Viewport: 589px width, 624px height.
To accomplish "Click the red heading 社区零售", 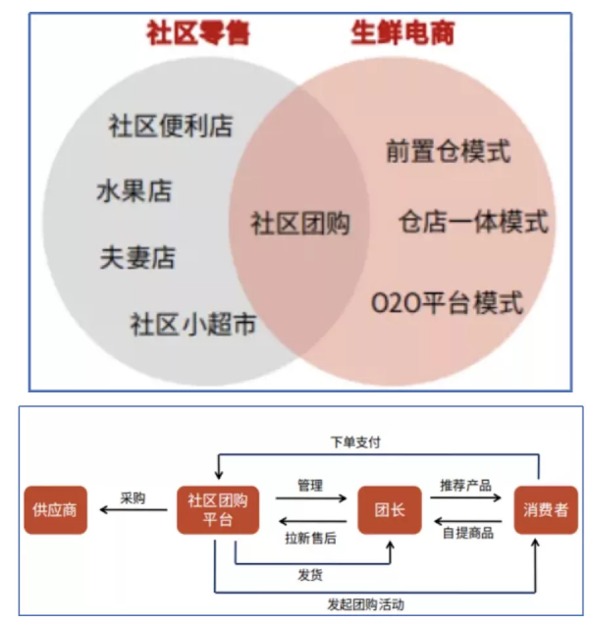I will tap(198, 33).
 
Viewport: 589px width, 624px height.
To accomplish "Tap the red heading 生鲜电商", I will tap(402, 33).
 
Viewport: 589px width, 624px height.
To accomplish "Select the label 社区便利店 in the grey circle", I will tap(171, 126).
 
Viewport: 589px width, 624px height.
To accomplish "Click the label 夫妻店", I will tap(137, 257).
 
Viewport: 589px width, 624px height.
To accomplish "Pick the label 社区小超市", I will tap(193, 324).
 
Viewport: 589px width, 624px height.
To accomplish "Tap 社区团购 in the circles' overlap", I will tap(299, 223).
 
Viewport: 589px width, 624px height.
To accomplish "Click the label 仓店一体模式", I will tap(472, 222).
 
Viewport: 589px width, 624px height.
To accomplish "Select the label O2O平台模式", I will tap(447, 302).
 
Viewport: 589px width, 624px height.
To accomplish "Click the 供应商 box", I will tap(57, 510).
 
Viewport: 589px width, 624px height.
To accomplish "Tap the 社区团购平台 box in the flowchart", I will tap(217, 510).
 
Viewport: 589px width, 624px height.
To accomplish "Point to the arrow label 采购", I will tap(133, 497).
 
